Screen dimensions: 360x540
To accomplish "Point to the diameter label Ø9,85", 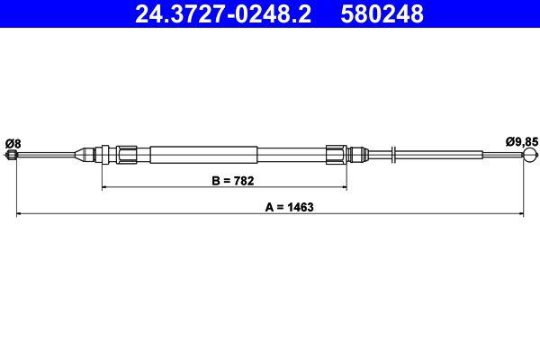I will coord(520,140).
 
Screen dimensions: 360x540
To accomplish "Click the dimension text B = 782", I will coord(233,180).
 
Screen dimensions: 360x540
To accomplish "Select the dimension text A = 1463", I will coord(289,206).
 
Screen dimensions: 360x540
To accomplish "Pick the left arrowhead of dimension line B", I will coord(104,187).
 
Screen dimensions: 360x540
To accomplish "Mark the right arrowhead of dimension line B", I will coord(345,187).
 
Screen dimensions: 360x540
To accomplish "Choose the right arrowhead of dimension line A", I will coord(521,213).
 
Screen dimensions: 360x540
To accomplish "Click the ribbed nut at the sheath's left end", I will coord(127,154).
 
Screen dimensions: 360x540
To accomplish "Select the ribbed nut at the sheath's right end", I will coord(337,154).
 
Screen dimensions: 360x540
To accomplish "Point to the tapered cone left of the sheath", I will coord(87,154).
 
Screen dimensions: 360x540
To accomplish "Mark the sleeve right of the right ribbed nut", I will coord(358,154).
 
